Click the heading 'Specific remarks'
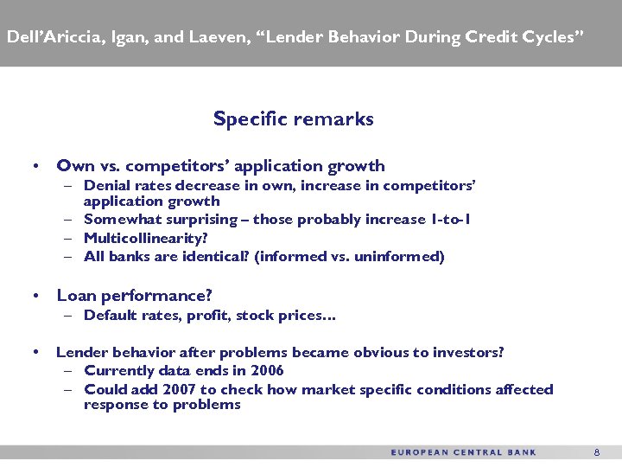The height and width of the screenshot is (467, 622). [x=293, y=119]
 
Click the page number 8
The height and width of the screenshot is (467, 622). [x=596, y=452]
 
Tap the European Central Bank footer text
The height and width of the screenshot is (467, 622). [x=463, y=452]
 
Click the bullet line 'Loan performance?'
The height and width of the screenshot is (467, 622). [x=134, y=296]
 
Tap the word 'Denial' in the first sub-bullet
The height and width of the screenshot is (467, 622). [x=105, y=186]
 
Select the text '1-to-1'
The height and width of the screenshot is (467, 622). [x=450, y=220]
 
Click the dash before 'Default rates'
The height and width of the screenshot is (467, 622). [x=68, y=316]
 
